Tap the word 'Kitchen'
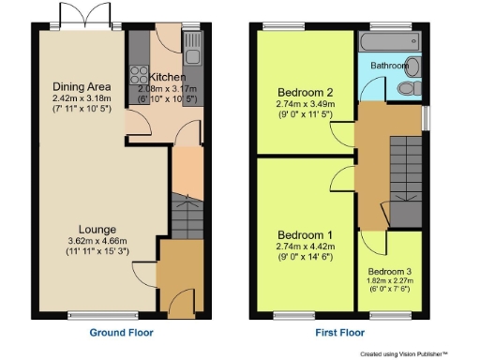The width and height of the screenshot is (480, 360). click(x=167, y=77)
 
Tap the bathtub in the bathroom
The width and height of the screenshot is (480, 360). click(x=389, y=43)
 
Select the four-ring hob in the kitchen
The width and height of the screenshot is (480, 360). click(x=138, y=73)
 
